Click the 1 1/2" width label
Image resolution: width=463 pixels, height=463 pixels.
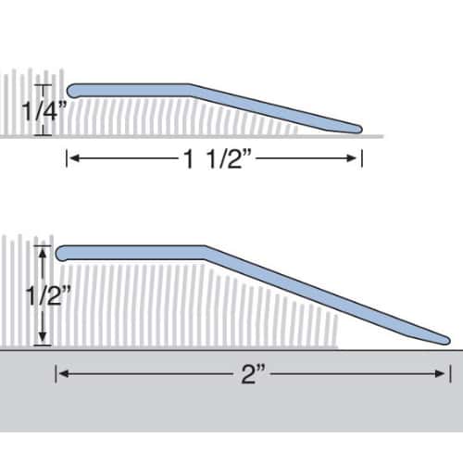[x=217, y=159]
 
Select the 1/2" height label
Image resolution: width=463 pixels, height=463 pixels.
[x=48, y=295]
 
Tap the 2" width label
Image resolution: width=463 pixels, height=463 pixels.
[x=253, y=374]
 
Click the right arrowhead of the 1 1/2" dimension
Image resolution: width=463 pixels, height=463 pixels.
[x=352, y=158]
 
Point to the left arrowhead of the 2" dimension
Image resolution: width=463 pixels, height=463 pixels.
[x=63, y=374]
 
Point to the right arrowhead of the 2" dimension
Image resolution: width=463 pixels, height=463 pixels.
[x=440, y=374]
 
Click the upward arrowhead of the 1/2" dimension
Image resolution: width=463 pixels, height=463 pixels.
[x=43, y=254]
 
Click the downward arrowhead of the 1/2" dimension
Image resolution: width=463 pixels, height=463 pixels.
[x=43, y=337]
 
